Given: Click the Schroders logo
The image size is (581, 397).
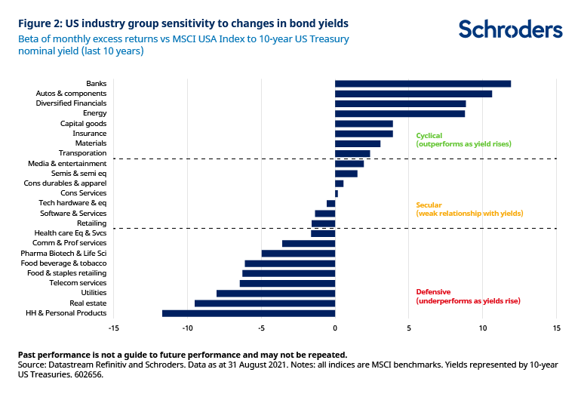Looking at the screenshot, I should (x=510, y=30).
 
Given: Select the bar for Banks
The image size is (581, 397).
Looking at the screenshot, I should (x=423, y=83).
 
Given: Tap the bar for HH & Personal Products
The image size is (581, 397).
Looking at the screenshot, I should (x=248, y=313).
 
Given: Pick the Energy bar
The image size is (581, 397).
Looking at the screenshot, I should (x=400, y=113).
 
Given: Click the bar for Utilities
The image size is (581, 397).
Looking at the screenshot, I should (x=275, y=293).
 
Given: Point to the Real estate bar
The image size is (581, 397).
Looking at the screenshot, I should (x=265, y=303).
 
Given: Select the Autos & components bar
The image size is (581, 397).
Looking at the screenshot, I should (x=413, y=94).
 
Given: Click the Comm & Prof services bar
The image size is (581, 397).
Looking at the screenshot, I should (x=309, y=243).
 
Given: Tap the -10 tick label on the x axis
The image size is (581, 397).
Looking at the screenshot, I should (x=187, y=328).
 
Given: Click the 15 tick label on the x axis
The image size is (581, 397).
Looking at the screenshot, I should (x=556, y=328).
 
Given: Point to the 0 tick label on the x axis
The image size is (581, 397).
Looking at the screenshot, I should (x=335, y=328).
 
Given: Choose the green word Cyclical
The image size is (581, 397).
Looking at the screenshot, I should (x=429, y=136).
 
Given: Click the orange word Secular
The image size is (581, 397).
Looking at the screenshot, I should (x=429, y=205).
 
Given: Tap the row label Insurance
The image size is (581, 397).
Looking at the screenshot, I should (x=89, y=134).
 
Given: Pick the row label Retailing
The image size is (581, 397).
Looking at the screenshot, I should (x=91, y=223).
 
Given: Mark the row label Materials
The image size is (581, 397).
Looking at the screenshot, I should (x=91, y=143).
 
